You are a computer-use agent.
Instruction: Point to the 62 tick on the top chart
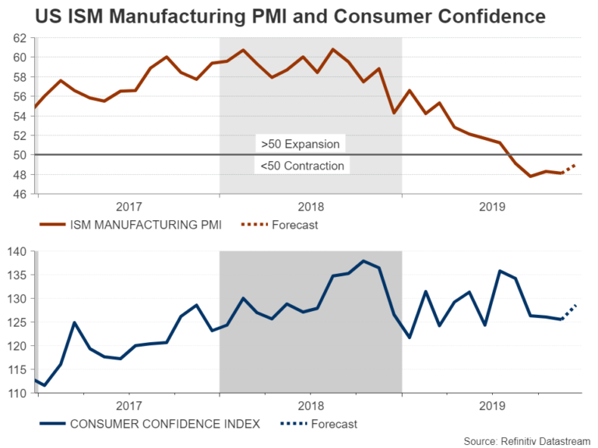[20, 37]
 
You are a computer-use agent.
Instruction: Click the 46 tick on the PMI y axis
[20, 194]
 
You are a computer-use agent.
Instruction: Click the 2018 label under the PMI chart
[311, 207]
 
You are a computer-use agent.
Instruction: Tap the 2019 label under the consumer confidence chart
[493, 406]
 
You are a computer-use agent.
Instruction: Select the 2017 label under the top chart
[128, 207]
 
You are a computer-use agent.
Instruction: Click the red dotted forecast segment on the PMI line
[568, 169]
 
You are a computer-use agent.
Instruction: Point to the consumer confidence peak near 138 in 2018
[364, 261]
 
